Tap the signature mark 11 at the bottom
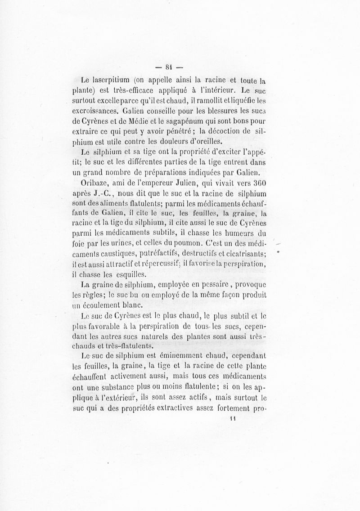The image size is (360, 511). pyautogui.click(x=233, y=417)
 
